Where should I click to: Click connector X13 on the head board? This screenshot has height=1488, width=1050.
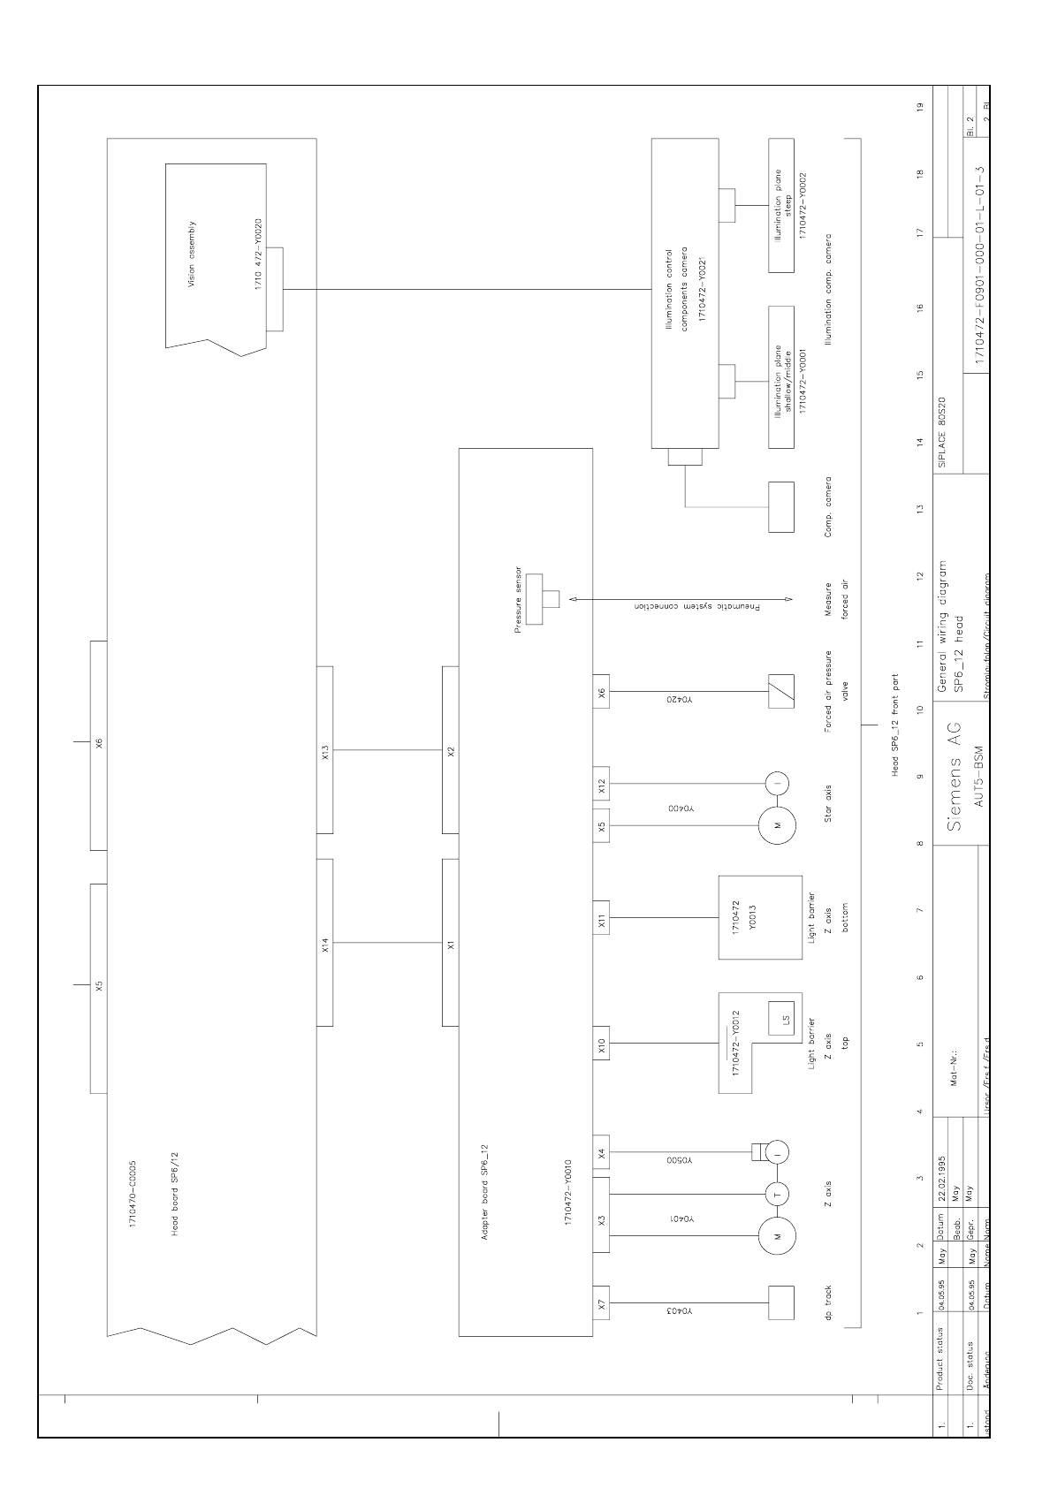click(x=324, y=749)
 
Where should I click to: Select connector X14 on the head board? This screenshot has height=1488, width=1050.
click(x=324, y=942)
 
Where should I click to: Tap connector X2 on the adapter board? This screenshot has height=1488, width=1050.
click(x=450, y=749)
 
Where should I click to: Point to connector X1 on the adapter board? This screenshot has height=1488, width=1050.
click(x=450, y=942)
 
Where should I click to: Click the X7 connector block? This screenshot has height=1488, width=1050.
click(x=601, y=1302)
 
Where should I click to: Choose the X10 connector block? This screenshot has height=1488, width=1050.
click(x=601, y=1044)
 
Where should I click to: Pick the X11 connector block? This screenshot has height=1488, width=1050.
click(x=601, y=918)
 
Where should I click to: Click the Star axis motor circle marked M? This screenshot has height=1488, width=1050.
click(x=778, y=825)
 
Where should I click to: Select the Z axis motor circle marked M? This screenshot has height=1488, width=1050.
click(x=778, y=1236)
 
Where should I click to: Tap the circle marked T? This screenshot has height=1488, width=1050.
click(x=778, y=1194)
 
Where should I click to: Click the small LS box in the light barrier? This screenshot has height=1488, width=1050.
click(x=780, y=1016)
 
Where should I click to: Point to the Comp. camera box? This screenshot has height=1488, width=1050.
click(x=780, y=506)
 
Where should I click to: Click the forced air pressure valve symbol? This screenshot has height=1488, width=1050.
click(x=780, y=692)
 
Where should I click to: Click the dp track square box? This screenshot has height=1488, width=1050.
click(x=780, y=1302)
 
